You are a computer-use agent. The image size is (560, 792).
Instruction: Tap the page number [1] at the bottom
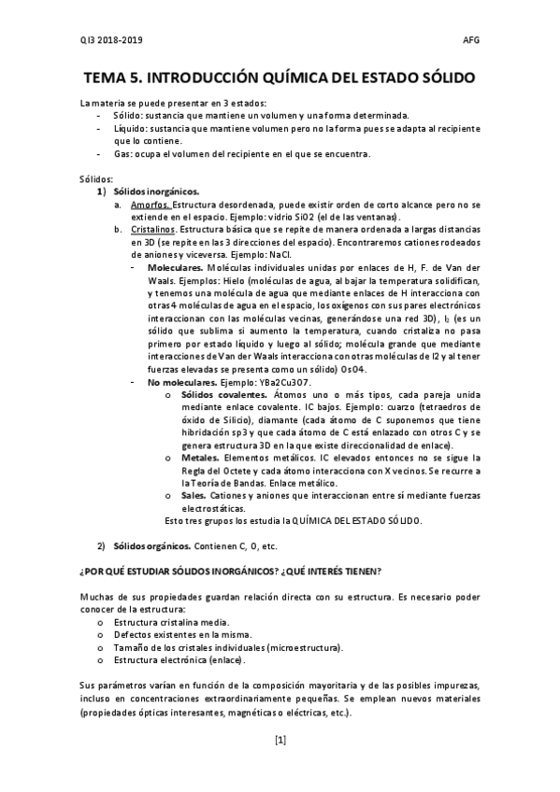click(280, 741)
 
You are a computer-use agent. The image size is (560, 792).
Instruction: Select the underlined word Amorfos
click(151, 204)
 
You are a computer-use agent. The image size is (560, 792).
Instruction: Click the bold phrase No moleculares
click(180, 383)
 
